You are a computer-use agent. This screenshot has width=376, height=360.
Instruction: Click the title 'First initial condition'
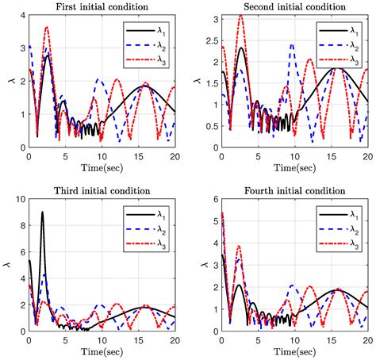[x=102, y=8]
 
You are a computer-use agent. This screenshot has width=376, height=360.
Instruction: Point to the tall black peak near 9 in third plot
[x=42, y=213]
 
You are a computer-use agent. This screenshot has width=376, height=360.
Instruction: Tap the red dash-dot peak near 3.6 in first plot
[x=46, y=28]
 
